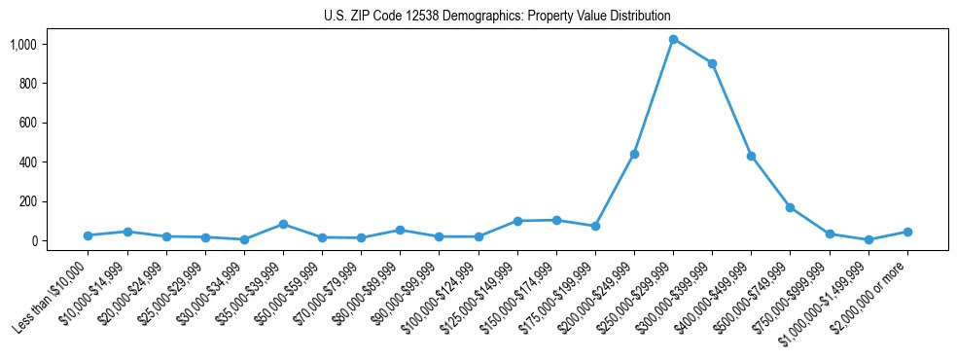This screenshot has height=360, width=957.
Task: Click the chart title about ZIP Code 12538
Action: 497,16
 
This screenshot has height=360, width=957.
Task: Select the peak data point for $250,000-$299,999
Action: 673,39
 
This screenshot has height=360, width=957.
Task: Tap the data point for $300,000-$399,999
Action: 712,63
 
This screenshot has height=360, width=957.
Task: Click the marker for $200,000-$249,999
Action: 634,154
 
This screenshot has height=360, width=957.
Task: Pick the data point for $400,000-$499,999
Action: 751,156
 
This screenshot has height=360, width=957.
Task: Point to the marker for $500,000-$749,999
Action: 790,207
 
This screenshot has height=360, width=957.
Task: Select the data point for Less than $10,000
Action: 89,235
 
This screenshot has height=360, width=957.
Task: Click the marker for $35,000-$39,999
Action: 283,224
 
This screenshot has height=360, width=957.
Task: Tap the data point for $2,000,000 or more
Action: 907,232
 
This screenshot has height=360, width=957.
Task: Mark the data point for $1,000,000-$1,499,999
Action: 868,239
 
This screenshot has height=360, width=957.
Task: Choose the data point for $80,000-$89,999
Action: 400,230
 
